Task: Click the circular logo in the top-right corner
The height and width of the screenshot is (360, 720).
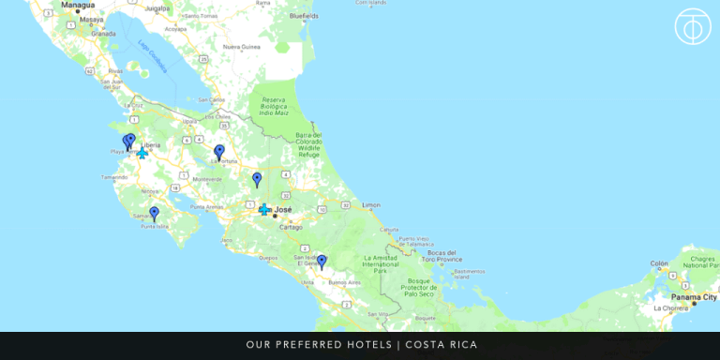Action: (x=693, y=26)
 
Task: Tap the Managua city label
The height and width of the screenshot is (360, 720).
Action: (x=78, y=5)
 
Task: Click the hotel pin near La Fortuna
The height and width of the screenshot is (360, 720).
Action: (x=219, y=151)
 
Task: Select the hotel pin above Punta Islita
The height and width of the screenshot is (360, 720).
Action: (x=155, y=213)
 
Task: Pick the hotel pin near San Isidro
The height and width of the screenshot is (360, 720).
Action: (x=322, y=261)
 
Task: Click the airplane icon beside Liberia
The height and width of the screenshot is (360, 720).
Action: (x=142, y=153)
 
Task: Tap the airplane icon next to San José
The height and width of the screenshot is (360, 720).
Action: (x=264, y=209)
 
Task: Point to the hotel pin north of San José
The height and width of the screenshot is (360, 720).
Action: (x=257, y=178)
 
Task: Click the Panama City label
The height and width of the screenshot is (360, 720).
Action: (x=694, y=296)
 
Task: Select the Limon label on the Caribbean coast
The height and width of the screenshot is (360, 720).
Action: (x=372, y=204)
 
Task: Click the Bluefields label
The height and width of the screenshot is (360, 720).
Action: (x=304, y=16)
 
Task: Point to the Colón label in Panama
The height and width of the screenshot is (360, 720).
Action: (x=659, y=263)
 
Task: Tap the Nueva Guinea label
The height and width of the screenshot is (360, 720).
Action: (x=240, y=46)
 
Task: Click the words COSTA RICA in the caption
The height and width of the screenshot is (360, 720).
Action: (x=441, y=345)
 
